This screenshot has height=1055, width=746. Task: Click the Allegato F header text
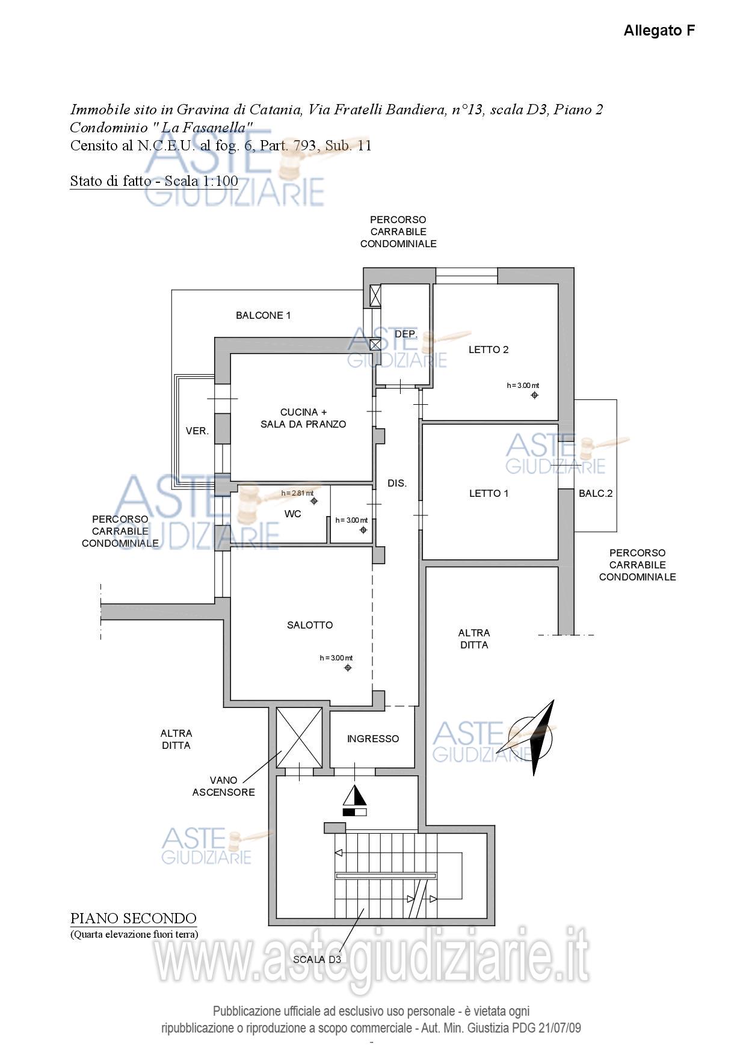[659, 31]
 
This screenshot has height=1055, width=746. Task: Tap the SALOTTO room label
[310, 626]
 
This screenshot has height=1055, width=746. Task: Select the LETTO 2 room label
[489, 350]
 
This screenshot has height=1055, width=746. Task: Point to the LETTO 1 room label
[489, 494]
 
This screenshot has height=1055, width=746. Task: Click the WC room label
[293, 514]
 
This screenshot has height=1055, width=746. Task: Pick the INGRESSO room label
[373, 739]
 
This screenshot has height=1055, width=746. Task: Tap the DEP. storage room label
[406, 334]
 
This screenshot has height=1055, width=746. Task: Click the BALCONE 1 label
[264, 316]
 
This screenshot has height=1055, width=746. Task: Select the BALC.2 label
[596, 494]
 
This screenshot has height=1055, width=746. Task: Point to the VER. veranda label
[197, 431]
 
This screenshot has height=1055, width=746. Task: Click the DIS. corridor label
[397, 484]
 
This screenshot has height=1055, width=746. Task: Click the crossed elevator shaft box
[299, 737]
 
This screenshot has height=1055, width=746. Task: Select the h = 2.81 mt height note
[297, 494]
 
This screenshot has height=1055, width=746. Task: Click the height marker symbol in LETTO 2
[535, 395]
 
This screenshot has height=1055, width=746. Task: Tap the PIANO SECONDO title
[134, 919]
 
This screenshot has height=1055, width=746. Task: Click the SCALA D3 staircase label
[317, 960]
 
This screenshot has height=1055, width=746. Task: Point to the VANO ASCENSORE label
[224, 787]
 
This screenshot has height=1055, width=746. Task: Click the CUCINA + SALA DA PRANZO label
[303, 419]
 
